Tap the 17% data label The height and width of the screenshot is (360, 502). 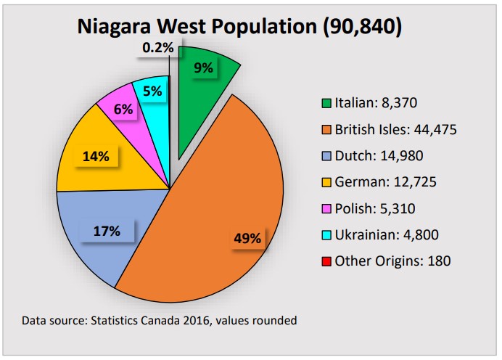coord(107,232)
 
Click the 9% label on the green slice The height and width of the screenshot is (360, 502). coord(203,68)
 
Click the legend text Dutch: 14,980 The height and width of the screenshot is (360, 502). coord(379,155)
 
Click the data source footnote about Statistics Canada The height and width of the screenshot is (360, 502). coord(159,320)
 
